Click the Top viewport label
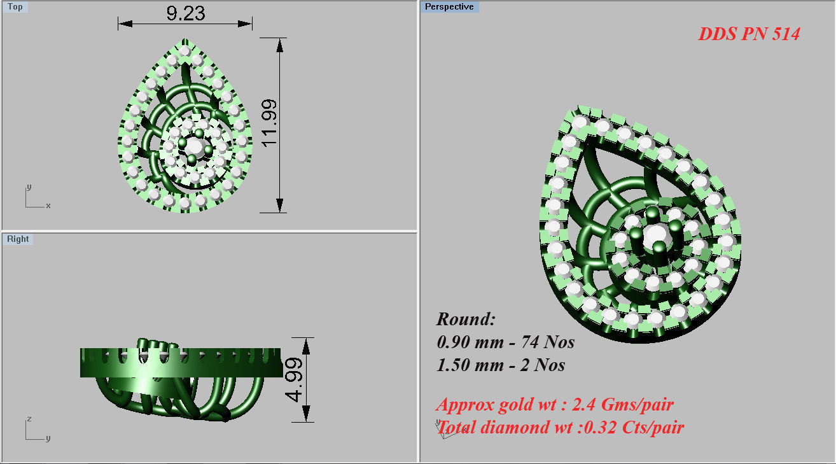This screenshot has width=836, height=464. click(15, 7)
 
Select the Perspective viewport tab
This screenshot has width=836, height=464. click(449, 7)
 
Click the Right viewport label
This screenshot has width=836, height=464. click(18, 239)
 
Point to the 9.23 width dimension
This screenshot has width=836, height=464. click(185, 13)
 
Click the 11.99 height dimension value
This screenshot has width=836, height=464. click(269, 123)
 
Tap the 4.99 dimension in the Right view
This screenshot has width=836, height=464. click(295, 379)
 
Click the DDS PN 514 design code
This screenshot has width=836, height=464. click(748, 34)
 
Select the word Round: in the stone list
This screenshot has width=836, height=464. click(466, 320)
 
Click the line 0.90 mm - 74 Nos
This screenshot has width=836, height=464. click(506, 342)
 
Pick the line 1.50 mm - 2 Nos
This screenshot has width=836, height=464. click(501, 365)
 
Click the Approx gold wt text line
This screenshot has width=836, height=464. click(555, 404)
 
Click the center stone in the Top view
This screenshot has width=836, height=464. click(193, 148)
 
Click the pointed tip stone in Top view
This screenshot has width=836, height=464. click(185, 50)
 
